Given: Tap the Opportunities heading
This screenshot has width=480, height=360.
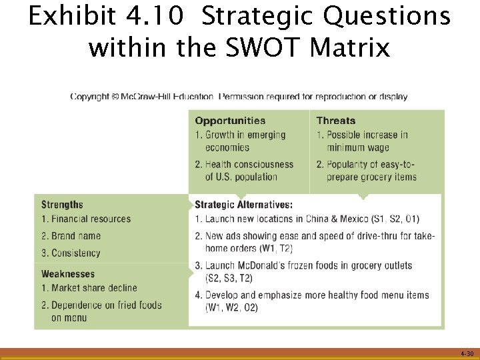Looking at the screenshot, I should (230, 121).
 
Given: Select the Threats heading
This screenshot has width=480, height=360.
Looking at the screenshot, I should (336, 121).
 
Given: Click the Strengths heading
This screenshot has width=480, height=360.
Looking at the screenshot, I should (62, 205).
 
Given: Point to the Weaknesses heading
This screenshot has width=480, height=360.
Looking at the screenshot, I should (68, 274).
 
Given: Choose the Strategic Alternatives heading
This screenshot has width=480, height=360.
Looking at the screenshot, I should (243, 205).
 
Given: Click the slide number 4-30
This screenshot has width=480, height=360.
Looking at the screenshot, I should (467, 353).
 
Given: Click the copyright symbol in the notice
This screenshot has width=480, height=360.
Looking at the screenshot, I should (115, 97).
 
